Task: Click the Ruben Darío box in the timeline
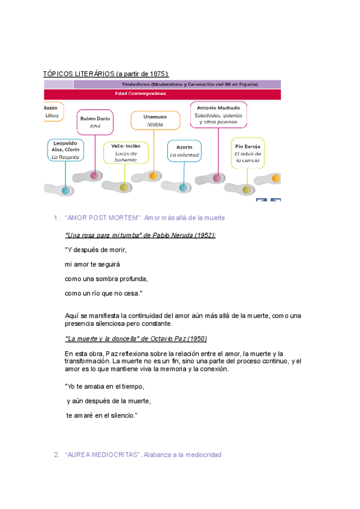pos(95,122)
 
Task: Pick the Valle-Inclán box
pos(126,153)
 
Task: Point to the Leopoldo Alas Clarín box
pos(65,150)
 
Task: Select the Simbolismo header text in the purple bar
pos(186,85)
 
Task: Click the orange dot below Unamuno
pos(154,176)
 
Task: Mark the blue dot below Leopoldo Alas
pos(65,190)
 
